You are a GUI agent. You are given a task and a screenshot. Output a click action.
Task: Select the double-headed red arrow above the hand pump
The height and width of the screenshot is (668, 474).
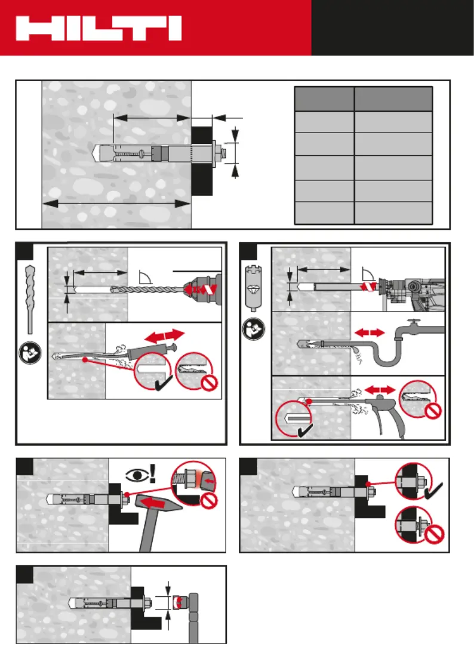click(162, 334)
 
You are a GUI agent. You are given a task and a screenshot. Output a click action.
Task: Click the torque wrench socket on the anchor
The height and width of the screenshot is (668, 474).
click(177, 603)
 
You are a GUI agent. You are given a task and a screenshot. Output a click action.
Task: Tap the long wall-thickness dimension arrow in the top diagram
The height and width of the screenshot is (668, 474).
click(116, 204)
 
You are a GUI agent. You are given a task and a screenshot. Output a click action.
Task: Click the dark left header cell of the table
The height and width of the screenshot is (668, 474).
click(325, 99)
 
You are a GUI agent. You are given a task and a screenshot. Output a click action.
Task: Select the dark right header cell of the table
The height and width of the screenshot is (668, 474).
click(393, 99)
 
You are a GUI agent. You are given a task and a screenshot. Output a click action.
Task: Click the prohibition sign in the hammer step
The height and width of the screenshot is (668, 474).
click(210, 502)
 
